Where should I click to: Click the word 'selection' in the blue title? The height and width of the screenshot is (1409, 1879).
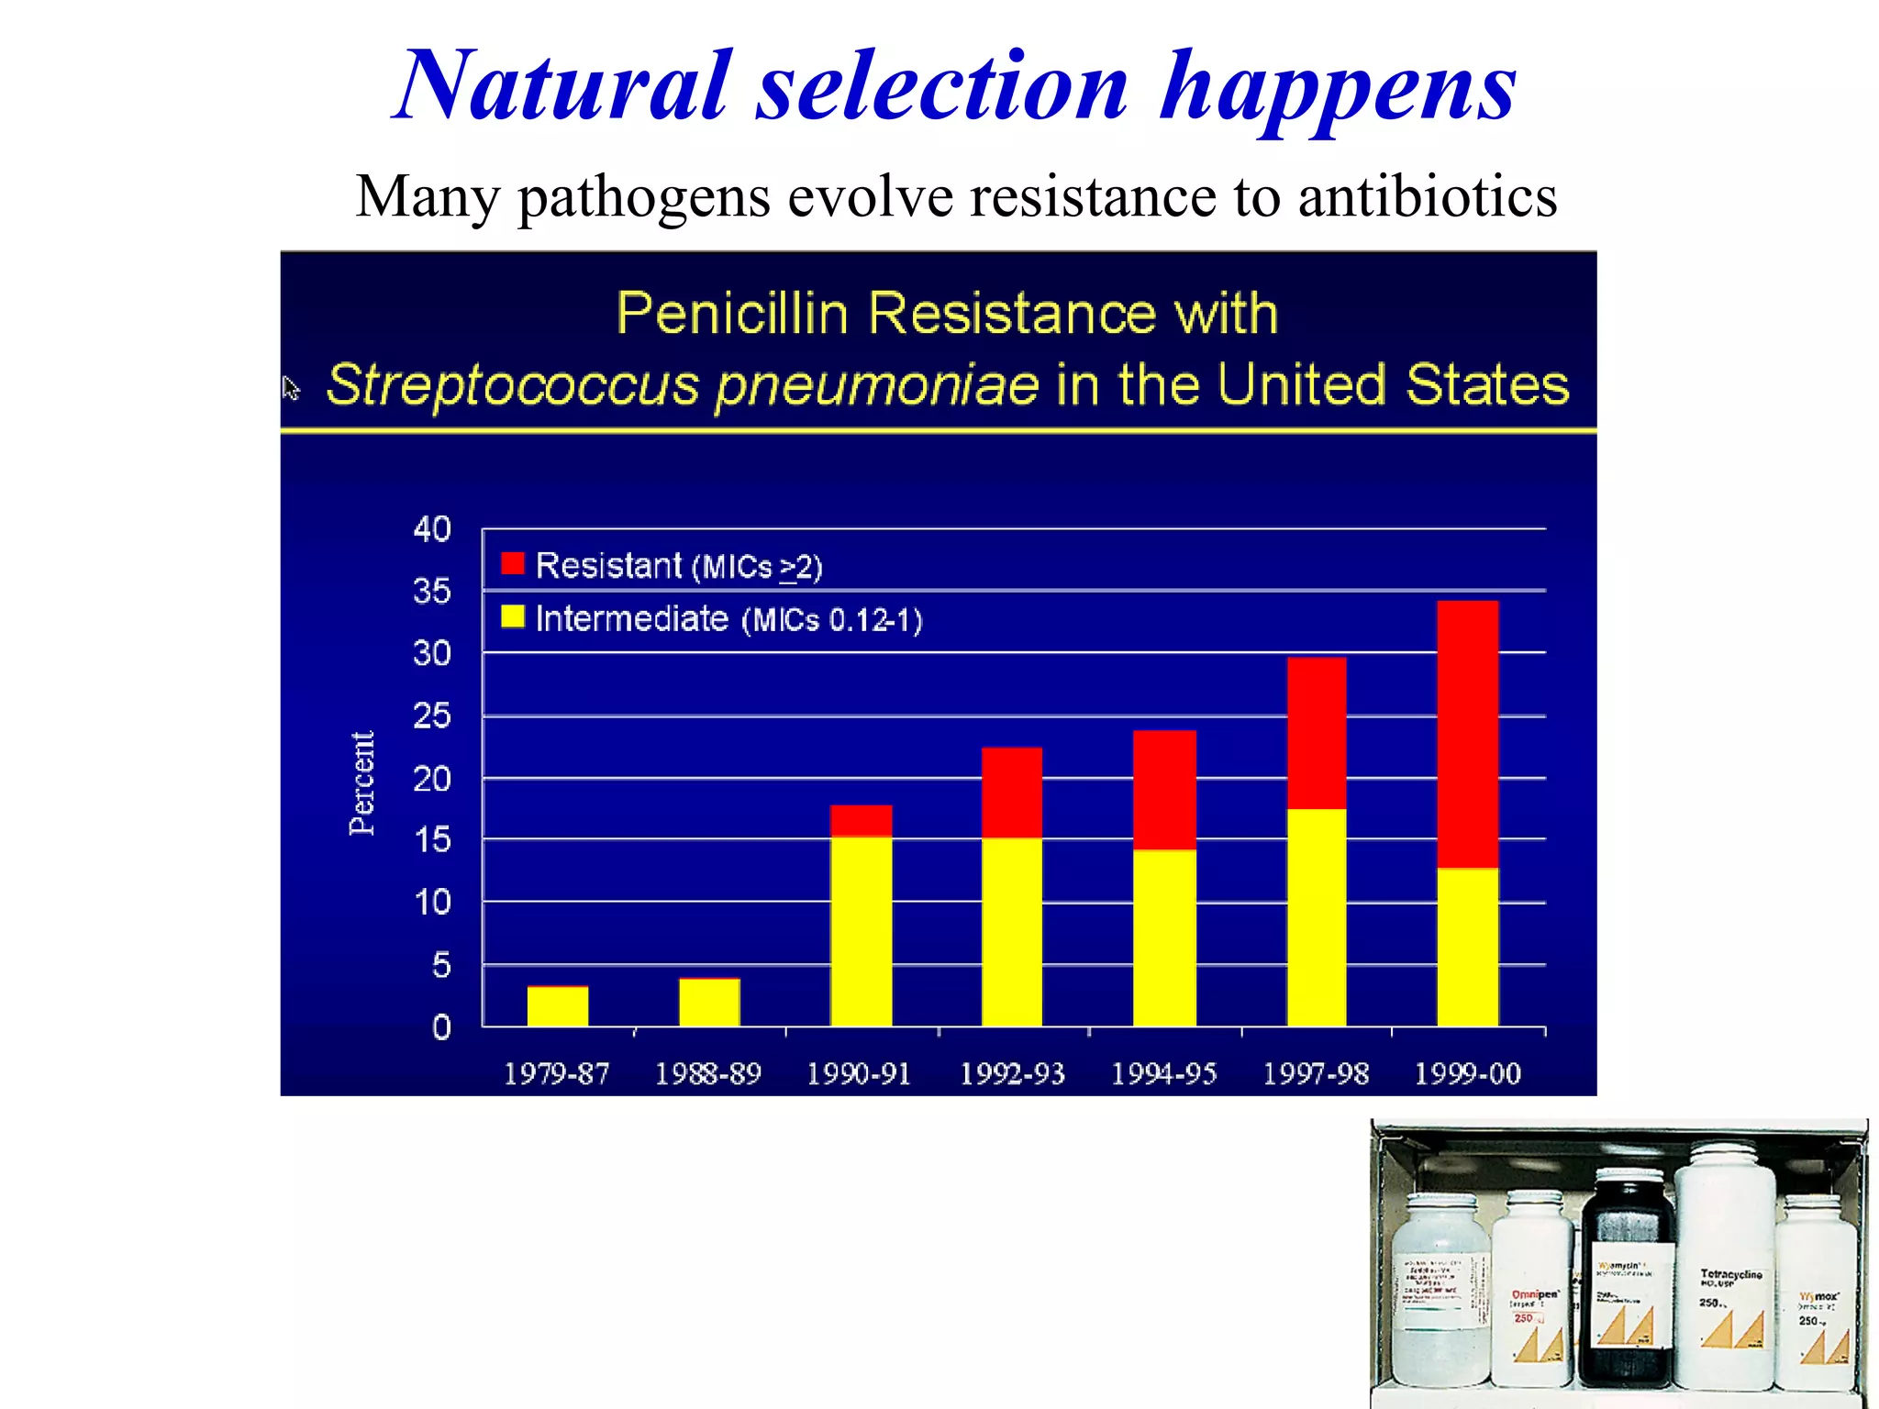click(942, 87)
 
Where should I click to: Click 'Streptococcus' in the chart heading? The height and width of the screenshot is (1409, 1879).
click(513, 385)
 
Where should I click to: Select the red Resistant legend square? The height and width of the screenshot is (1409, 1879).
click(513, 563)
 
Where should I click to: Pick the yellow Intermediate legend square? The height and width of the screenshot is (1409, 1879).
click(513, 616)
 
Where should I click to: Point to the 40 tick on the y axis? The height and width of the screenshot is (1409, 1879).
click(432, 529)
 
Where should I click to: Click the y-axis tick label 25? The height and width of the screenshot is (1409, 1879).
click(432, 716)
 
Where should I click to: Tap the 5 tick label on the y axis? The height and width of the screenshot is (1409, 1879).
click(441, 965)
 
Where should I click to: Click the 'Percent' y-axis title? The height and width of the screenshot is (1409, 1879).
click(362, 782)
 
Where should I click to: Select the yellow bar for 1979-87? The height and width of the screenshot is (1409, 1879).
click(557, 1006)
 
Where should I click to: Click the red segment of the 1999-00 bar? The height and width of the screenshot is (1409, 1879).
click(1467, 734)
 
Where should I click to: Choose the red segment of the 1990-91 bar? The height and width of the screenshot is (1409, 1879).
click(861, 821)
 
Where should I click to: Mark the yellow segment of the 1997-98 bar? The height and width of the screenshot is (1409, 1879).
click(1317, 917)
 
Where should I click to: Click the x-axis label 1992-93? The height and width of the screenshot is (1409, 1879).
click(1012, 1074)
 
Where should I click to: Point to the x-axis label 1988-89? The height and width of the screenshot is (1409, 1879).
click(707, 1074)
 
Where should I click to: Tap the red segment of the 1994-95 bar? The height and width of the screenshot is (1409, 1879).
click(1164, 790)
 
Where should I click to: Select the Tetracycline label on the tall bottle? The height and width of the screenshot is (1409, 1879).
click(1730, 1275)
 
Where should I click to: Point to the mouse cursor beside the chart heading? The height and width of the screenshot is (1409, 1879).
click(291, 388)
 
